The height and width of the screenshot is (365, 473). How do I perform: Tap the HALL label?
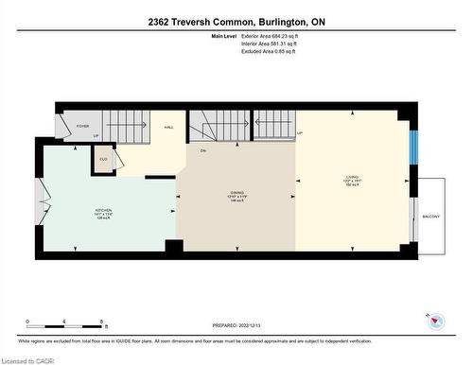tap(168, 126)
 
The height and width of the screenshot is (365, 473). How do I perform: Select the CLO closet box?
tap(103, 160)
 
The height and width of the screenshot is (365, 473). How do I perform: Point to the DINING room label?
tap(236, 195)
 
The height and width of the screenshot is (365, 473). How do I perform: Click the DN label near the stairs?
tap(202, 150)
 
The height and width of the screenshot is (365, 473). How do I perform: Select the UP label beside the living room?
tap(300, 133)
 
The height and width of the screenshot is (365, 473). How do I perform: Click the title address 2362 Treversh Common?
tap(236, 20)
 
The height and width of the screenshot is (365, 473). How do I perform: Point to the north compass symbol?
tap(434, 321)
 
